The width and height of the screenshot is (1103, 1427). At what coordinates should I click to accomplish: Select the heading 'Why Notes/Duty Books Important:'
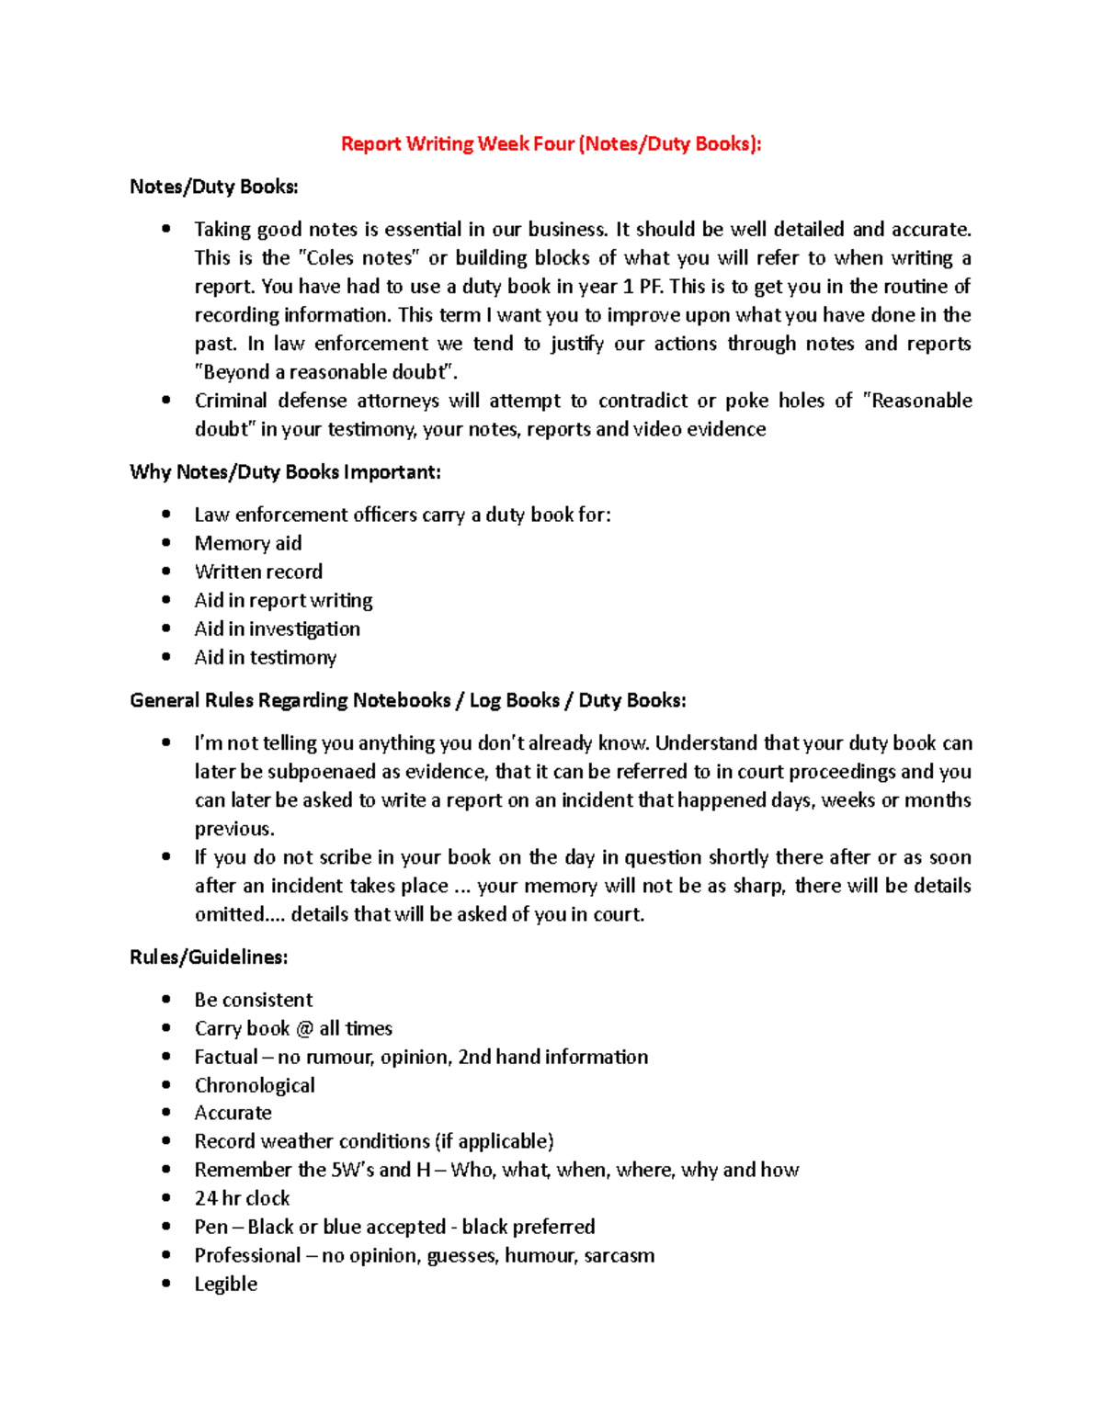(285, 472)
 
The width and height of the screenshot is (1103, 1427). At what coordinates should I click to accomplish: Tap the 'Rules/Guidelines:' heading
(209, 957)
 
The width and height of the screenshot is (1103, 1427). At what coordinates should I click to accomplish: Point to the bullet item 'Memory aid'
(247, 543)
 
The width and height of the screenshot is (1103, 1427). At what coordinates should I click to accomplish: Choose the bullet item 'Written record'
(258, 572)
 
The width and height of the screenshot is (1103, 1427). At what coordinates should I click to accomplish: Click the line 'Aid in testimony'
(265, 657)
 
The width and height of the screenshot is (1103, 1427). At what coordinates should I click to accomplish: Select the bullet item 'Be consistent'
(253, 1000)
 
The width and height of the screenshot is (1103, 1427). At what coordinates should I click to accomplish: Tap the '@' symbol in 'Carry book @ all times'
(304, 1028)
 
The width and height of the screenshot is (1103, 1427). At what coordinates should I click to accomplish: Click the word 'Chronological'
(255, 1085)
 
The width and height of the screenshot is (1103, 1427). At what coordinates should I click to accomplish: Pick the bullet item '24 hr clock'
(242, 1198)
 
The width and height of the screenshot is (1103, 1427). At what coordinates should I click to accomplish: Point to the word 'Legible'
(225, 1284)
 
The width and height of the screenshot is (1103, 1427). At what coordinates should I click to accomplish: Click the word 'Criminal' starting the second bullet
(231, 401)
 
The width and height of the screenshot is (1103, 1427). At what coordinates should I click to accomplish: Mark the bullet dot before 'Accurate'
(166, 1113)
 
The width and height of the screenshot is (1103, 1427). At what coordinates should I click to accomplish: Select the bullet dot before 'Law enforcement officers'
(166, 515)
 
